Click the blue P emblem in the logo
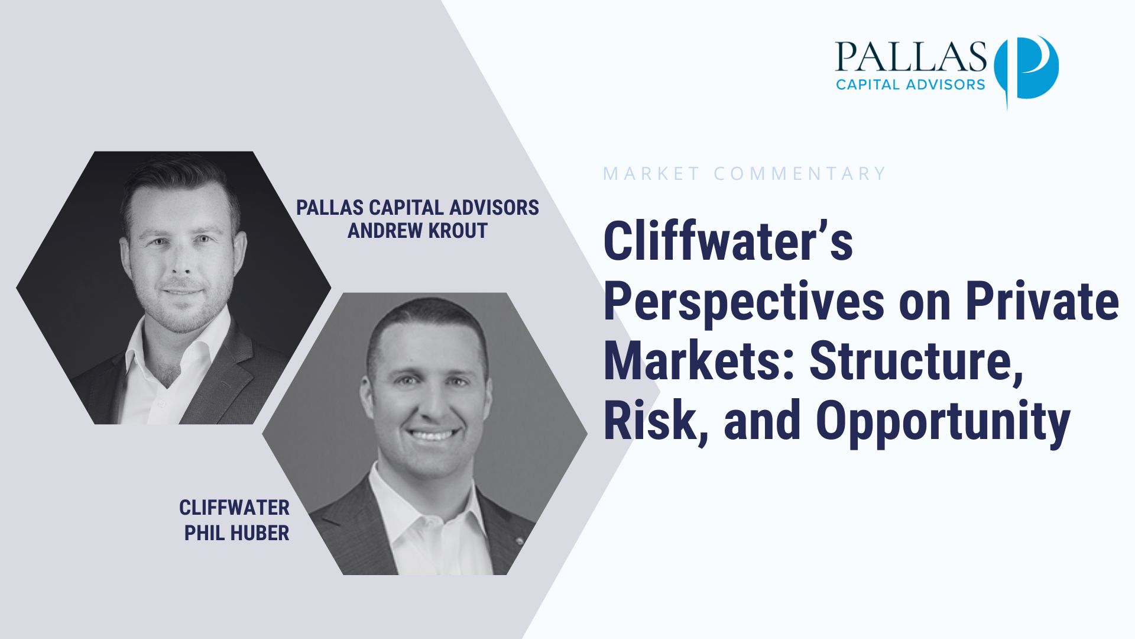(1027, 70)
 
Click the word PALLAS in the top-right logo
(911, 57)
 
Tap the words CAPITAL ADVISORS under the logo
(910, 84)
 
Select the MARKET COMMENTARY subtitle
(744, 173)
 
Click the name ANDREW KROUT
(417, 230)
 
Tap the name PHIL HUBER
(236, 532)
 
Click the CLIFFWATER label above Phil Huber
(234, 507)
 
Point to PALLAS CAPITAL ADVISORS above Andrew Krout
(417, 207)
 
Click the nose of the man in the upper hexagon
(181, 262)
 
